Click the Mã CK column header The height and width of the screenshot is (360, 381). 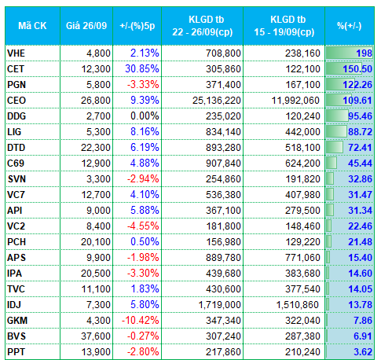coord(32,26)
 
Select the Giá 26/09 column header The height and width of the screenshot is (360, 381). coord(86,26)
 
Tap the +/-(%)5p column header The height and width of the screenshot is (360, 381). coord(137,26)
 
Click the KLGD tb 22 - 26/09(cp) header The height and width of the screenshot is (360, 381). coord(203,26)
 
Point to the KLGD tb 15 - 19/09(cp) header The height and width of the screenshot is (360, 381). coord(284,26)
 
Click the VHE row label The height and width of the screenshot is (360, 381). coord(16,53)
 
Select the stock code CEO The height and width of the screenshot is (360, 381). coord(16,101)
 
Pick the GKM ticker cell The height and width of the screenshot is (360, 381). coord(17,321)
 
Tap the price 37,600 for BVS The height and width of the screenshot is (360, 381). coord(96,336)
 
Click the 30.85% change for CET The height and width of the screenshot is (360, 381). coord(142,69)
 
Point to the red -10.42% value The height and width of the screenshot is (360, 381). coord(140,321)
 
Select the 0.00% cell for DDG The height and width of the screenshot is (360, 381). coord(145,116)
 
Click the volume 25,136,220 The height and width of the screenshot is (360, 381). coord(217,101)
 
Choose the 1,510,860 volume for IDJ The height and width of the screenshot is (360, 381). coord(298,305)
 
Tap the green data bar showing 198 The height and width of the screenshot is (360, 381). coord(350,53)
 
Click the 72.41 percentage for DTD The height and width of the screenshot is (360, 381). coord(360,148)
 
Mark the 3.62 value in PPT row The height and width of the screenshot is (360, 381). coord(363,352)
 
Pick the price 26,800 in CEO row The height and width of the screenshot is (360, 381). coord(96,101)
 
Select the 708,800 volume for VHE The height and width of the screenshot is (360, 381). coord(223,53)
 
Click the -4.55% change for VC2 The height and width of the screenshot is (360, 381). coord(143,226)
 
